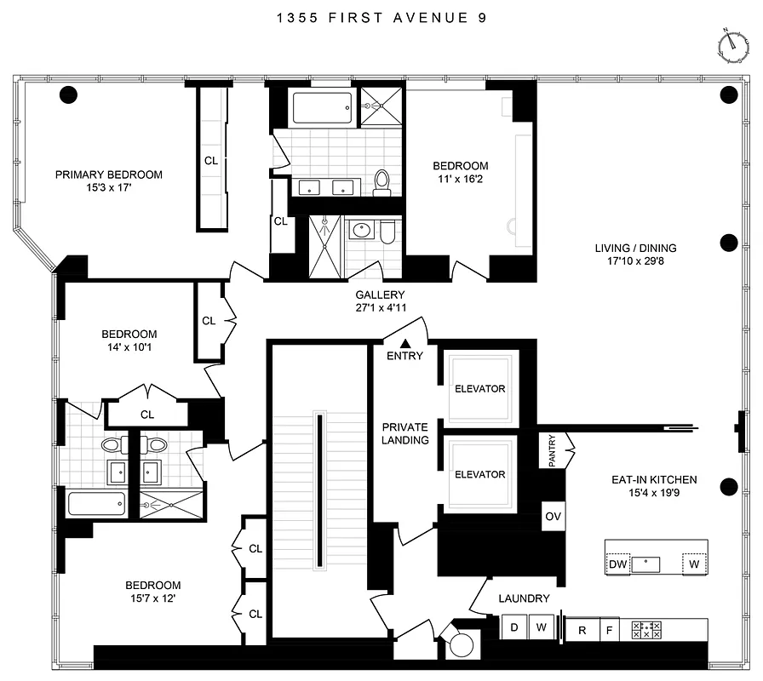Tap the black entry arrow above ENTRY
[x=404, y=342]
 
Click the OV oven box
[x=552, y=517]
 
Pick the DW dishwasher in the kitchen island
[x=617, y=564]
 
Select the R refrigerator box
[x=582, y=630]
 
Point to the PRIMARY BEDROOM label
[x=108, y=175]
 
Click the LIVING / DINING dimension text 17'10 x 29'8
[x=635, y=263]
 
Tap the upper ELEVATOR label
[x=479, y=389]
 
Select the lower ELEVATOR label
[x=479, y=475]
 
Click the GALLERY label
[x=380, y=295]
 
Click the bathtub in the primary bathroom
[x=320, y=108]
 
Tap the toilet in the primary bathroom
[x=382, y=181]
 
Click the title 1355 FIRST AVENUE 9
[x=381, y=17]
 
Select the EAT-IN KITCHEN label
[x=654, y=480]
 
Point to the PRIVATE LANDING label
[x=404, y=433]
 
